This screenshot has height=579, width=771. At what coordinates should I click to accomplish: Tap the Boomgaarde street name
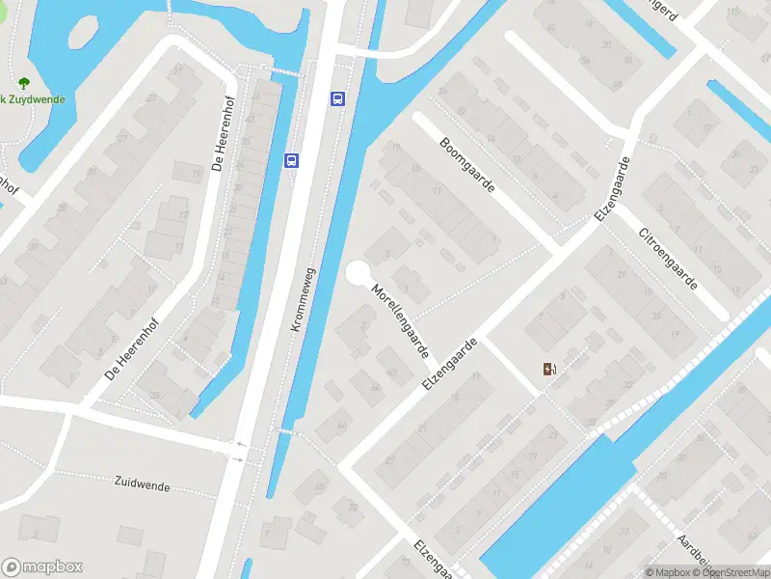click(x=465, y=164)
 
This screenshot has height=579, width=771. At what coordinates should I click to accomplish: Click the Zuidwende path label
click(x=142, y=484)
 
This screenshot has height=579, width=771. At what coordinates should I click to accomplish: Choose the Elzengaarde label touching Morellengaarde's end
click(x=450, y=364)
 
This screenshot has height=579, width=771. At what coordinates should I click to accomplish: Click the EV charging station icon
click(x=549, y=368)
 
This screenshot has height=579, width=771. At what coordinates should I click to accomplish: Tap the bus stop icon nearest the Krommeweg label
click(x=292, y=160)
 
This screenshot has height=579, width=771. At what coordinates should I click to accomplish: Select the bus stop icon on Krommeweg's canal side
click(x=337, y=98)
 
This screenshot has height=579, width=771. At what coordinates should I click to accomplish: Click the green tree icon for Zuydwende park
click(x=23, y=84)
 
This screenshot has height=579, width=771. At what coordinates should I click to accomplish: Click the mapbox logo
click(x=42, y=566)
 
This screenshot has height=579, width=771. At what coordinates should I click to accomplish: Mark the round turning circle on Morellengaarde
click(x=358, y=273)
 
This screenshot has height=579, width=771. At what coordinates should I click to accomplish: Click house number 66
click(x=342, y=424)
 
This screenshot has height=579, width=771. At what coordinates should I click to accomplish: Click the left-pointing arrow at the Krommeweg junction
click(x=240, y=445)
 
